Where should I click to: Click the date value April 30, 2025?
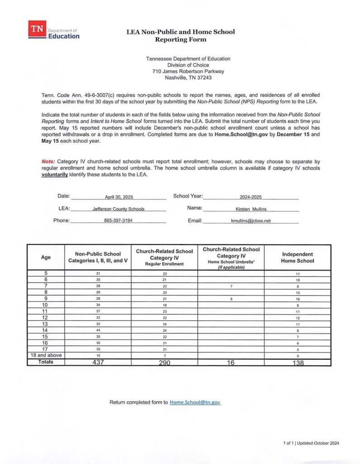click(119, 198)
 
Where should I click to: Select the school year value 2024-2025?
click(251, 198)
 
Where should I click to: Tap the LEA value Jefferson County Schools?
click(119, 209)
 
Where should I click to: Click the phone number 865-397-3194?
click(118, 221)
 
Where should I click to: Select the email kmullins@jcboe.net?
click(250, 221)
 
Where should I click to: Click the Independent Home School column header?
click(297, 257)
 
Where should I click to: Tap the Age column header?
click(46, 257)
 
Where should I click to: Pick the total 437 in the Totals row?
click(98, 362)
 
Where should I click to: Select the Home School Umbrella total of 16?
click(230, 362)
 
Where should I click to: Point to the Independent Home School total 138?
click(297, 362)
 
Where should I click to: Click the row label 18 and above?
click(46, 355)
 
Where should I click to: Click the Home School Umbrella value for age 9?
click(231, 300)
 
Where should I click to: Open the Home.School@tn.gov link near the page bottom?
click(195, 402)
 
